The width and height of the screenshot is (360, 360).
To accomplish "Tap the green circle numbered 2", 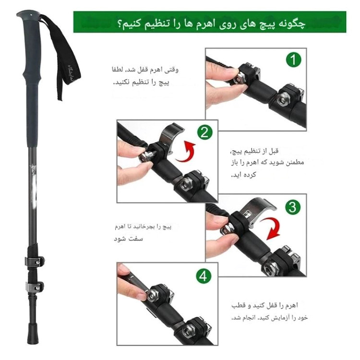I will [x=204, y=132].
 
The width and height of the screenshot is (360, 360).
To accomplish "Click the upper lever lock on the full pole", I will [x=36, y=262].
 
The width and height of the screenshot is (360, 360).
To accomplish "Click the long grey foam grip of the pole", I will [x=32, y=106].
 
